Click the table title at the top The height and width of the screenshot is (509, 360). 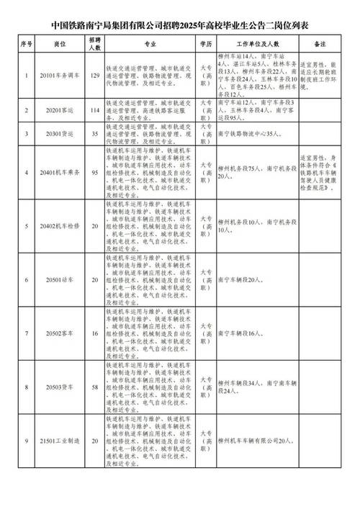[x=180, y=26]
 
